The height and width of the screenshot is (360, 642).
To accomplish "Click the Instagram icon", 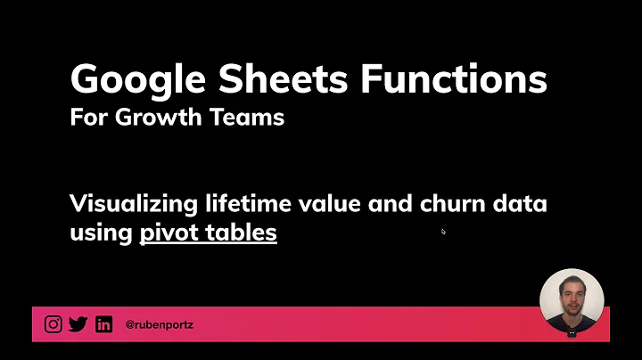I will (53, 324).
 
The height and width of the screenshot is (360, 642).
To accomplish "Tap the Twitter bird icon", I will (78, 324).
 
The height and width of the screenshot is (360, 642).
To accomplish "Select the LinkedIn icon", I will (103, 324).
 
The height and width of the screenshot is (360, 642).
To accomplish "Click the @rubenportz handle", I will (160, 325).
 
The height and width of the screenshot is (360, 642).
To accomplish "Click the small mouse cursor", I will (443, 232).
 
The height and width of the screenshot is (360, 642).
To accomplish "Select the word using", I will (102, 233).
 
